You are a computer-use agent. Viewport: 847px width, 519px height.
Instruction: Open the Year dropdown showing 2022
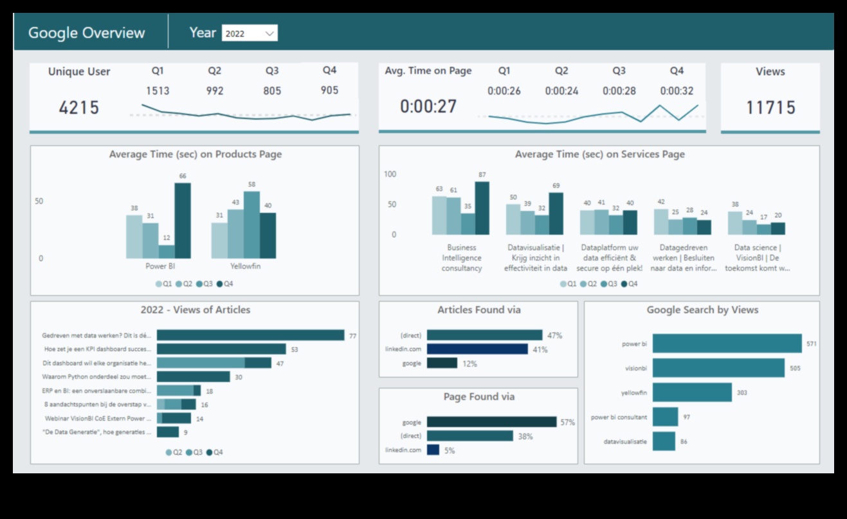coord(250,33)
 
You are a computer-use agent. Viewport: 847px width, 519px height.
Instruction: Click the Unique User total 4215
coord(79,107)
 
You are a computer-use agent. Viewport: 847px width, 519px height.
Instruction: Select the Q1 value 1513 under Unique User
coord(158,91)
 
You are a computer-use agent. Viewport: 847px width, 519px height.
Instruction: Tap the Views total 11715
coord(770,107)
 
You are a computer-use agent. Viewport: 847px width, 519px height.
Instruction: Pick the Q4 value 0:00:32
coord(677,91)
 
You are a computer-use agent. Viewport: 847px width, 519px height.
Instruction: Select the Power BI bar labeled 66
coord(183,221)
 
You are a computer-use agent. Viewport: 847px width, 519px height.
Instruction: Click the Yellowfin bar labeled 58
coord(251,224)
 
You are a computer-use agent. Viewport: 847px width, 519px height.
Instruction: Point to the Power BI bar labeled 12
coord(167,251)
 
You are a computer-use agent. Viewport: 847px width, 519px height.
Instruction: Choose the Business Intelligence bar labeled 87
coord(482,208)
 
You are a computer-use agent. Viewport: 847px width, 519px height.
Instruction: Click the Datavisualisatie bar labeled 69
coord(556,214)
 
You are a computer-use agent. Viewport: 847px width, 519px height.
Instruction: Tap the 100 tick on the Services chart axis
coord(390,174)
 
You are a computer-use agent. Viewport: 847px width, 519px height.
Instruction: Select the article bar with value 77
coord(250,335)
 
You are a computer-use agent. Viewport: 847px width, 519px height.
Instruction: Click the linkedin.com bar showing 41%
coord(477,349)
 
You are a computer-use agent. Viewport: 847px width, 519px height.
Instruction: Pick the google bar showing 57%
coord(491,422)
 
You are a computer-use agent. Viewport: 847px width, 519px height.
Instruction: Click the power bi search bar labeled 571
coord(727,343)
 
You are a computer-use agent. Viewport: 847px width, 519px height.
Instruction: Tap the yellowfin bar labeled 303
coord(692,392)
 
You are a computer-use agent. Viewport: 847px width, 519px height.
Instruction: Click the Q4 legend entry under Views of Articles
coord(216,452)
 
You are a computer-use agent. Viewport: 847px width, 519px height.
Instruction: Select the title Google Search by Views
coord(702,310)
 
